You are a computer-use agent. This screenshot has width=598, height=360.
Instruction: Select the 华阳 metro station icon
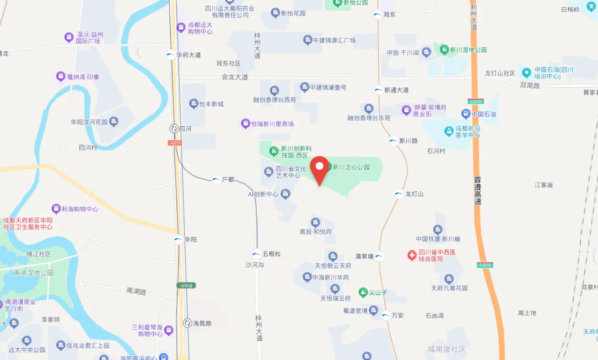tap(179, 239)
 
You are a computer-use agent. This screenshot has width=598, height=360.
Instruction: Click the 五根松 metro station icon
tap(257, 254)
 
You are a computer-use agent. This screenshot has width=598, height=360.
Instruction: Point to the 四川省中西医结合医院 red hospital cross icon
tap(412, 255)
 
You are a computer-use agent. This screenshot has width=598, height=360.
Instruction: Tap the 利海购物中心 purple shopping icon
tap(56, 209)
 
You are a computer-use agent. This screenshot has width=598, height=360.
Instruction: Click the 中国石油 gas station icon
tap(466, 114)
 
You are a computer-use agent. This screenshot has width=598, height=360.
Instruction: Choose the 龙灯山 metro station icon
tap(399, 194)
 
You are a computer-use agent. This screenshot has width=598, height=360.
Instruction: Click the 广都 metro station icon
tap(216, 180)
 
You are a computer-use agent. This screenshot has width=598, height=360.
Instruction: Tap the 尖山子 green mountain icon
tap(363, 292)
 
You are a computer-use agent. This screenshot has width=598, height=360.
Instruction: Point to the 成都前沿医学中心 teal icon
tap(449, 131)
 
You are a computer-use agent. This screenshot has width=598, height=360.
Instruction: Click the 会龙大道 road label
tap(235, 77)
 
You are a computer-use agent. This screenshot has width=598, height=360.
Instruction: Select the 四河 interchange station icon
tap(174, 129)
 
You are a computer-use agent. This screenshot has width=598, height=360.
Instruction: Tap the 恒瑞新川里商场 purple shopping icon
tap(245, 124)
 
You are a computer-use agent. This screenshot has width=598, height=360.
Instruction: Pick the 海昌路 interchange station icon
tap(187, 323)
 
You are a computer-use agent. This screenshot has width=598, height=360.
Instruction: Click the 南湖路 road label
tap(136, 290)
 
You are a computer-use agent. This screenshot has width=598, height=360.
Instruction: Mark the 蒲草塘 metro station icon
tap(379, 256)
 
